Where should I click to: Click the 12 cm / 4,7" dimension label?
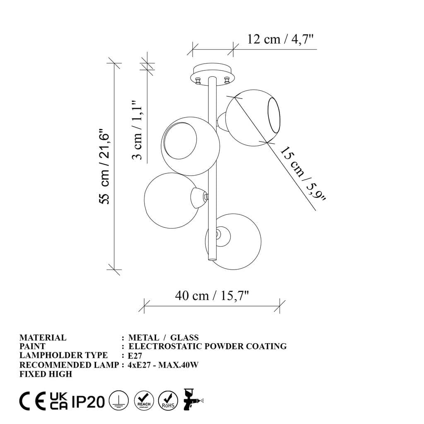point(280,39)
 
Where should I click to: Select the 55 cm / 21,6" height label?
point(105,168)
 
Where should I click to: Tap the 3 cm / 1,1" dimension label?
point(137,130)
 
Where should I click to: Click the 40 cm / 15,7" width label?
point(212,296)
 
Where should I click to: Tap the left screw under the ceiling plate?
point(198,80)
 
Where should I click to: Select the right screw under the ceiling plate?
point(226,80)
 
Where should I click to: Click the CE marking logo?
point(33,401)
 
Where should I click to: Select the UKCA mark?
point(59,401)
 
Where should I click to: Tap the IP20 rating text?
point(88,401)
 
